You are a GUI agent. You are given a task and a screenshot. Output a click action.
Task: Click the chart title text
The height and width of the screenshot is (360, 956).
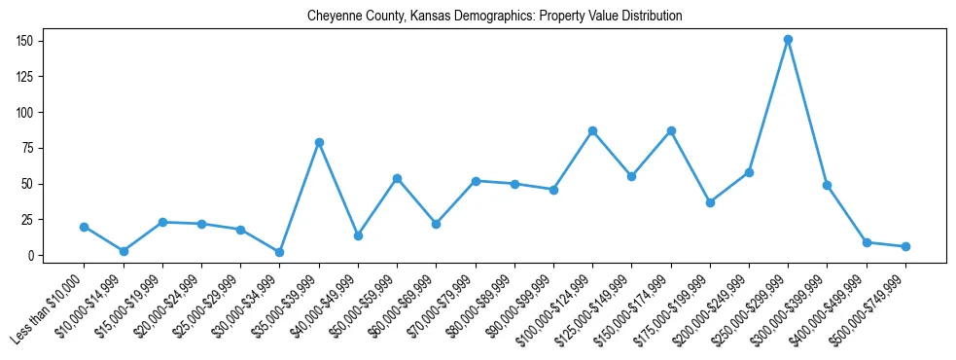[x=494, y=17]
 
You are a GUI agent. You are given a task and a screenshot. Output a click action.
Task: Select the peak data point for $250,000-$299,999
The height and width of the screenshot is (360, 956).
[x=788, y=40]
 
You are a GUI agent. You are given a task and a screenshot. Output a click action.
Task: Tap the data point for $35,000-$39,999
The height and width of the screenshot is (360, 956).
[x=319, y=142]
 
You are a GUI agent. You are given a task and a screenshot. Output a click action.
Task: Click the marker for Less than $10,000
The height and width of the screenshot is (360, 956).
[x=85, y=227]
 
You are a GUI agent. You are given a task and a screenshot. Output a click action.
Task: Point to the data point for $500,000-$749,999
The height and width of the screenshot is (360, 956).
[x=905, y=246]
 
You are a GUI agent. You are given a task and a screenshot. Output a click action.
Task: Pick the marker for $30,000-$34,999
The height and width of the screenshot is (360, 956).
[x=280, y=252]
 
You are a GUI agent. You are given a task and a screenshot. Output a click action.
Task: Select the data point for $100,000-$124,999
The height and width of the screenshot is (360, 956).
[x=592, y=130]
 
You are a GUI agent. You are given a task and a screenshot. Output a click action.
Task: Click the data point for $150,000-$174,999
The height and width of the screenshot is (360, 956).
[x=671, y=130]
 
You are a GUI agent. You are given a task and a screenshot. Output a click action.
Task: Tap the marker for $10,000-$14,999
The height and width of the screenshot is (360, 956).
[x=124, y=251]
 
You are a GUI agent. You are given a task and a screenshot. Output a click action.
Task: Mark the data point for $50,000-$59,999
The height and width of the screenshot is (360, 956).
[x=397, y=178]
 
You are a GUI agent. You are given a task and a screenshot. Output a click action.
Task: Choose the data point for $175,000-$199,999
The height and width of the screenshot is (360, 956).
[x=710, y=202]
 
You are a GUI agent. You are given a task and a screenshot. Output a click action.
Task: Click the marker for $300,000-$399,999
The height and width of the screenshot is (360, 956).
[x=827, y=185]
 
